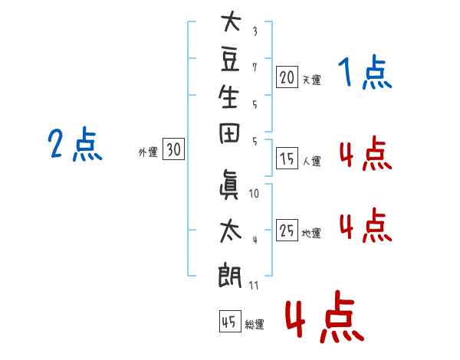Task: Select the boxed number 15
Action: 287,159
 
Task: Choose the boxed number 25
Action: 287,230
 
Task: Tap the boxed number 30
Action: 173,150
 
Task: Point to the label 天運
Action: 311,80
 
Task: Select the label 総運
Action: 254,325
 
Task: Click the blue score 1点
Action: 364,74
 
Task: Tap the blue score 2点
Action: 74,145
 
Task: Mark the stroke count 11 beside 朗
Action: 255,285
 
